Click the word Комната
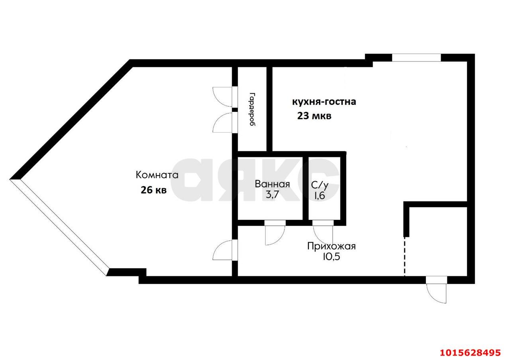[157, 175]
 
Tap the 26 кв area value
[154, 190]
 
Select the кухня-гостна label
[324, 102]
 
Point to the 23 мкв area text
[314, 116]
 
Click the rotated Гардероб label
[252, 109]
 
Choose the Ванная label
[272, 184]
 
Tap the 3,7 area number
[272, 195]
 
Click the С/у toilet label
[320, 185]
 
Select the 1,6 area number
[320, 196]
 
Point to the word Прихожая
[331, 246]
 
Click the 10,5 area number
[331, 257]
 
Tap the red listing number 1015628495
[471, 353]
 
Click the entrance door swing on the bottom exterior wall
[436, 293]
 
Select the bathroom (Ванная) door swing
[275, 235]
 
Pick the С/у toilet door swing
[322, 235]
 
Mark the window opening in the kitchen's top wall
[416, 58]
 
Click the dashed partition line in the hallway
[404, 257]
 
